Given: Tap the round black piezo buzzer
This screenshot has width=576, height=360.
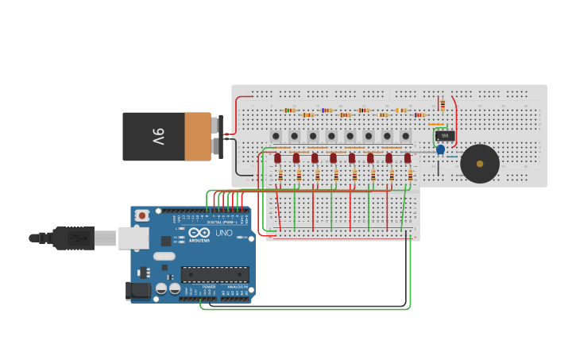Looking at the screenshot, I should pyautogui.click(x=480, y=164).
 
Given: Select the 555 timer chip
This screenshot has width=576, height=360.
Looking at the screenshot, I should pyautogui.click(x=445, y=136).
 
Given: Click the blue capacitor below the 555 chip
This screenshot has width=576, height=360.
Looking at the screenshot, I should pyautogui.click(x=440, y=149).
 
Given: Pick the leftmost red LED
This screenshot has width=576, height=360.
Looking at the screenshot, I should pyautogui.click(x=277, y=158).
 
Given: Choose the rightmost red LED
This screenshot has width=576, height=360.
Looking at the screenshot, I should pyautogui.click(x=408, y=158).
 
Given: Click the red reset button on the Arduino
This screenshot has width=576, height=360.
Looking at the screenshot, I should pyautogui.click(x=142, y=215).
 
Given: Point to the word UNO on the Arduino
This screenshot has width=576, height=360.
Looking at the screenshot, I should pyautogui.click(x=224, y=233).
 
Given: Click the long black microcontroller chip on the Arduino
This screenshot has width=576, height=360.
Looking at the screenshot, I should pyautogui.click(x=215, y=274).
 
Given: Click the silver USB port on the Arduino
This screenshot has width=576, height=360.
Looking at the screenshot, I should pyautogui.click(x=133, y=237).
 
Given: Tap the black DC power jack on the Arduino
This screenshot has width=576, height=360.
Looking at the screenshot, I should pyautogui.click(x=139, y=291).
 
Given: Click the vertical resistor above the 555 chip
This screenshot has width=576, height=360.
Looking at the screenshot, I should pyautogui.click(x=442, y=104).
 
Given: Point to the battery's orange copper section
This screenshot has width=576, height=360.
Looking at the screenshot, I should pyautogui.click(x=198, y=137).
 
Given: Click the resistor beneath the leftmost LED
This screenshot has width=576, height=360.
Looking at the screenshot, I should pyautogui.click(x=280, y=175).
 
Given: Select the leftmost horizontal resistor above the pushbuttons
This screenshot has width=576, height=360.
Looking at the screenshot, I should pyautogui.click(x=290, y=110).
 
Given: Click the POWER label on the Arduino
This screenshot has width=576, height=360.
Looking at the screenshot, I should pyautogui.click(x=209, y=287).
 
